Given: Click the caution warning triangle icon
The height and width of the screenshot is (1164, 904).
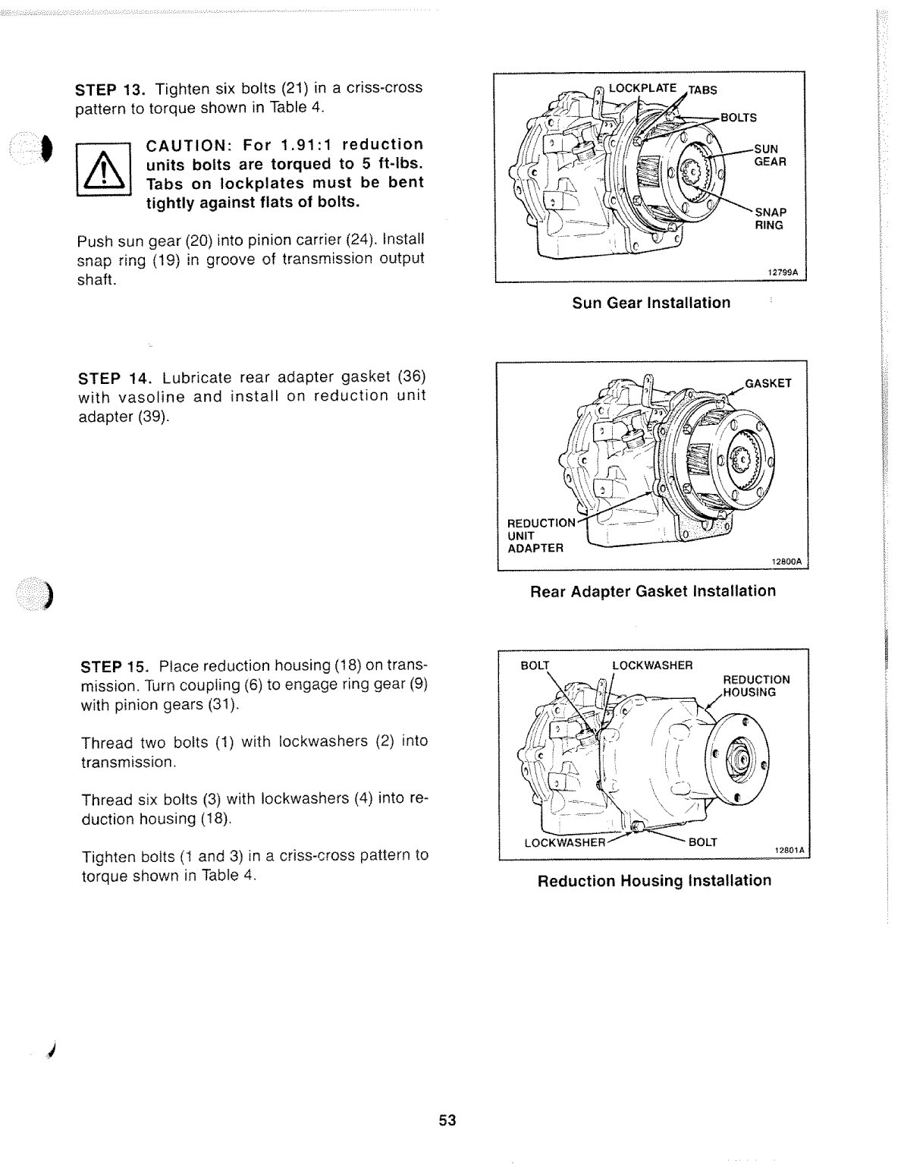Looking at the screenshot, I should click(x=104, y=173).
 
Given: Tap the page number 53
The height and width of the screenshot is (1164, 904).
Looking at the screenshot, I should click(x=447, y=1120).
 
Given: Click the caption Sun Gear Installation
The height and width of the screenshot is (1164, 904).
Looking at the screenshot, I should click(x=651, y=303).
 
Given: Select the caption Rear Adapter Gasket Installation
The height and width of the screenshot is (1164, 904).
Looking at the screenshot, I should click(x=652, y=591).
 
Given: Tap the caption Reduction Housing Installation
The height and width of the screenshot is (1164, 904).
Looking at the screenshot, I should click(x=654, y=881).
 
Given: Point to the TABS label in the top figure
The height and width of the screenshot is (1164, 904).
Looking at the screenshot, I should click(x=702, y=90).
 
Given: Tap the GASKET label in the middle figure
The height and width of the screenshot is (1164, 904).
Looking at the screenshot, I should click(x=767, y=383).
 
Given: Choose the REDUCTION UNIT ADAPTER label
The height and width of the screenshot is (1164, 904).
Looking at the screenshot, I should click(x=541, y=535).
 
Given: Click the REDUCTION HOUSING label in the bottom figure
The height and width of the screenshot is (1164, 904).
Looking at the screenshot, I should click(x=755, y=686).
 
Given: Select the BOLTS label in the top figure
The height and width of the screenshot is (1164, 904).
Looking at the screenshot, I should click(x=738, y=118).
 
